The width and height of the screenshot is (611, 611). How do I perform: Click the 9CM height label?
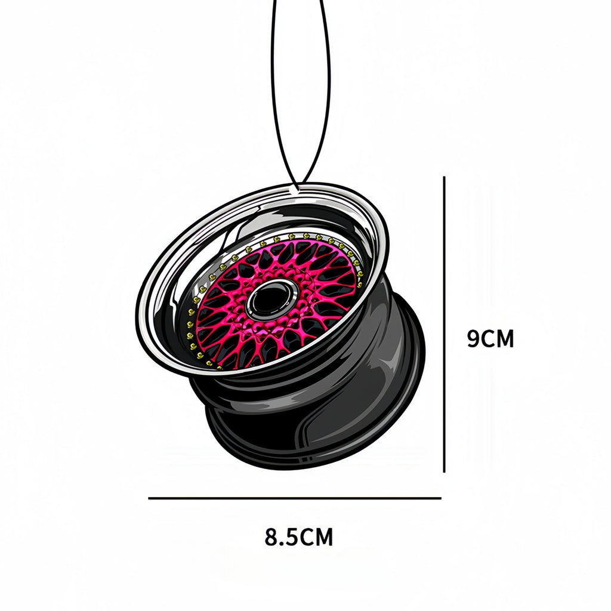pos(490,339)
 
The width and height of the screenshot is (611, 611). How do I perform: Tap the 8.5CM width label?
pos(299,537)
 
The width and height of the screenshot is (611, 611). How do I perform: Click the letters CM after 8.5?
pos(316,537)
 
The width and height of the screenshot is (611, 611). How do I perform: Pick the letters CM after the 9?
pos(498,339)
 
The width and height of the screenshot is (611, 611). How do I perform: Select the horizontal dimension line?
pos(295,498)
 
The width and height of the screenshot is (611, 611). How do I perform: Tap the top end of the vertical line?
pos(445,178)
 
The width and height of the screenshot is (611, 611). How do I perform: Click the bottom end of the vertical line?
pos(445,471)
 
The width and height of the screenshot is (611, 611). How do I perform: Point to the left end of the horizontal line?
pos(150,498)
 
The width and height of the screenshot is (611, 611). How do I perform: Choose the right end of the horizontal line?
pos(440,498)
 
